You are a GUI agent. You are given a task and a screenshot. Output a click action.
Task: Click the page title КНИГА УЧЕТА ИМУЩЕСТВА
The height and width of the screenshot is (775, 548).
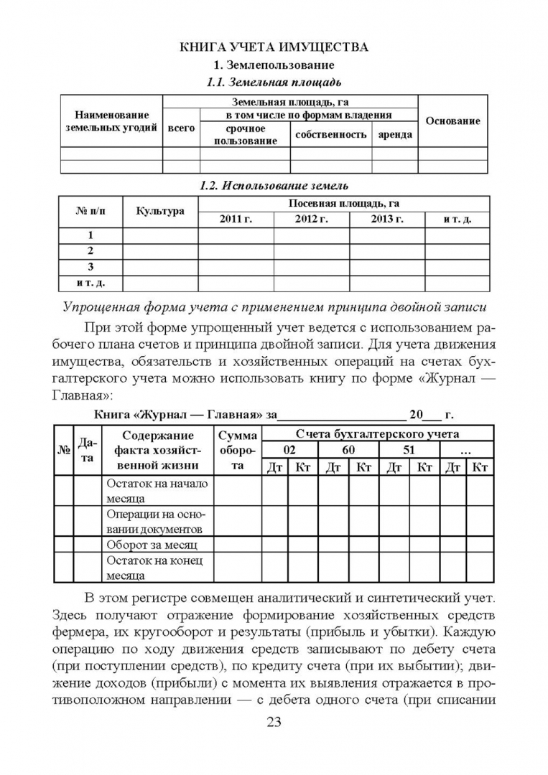tap(274, 47)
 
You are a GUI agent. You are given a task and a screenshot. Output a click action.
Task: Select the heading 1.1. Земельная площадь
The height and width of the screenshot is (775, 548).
tap(274, 82)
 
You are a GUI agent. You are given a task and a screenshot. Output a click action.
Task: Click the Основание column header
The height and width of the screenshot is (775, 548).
tap(452, 121)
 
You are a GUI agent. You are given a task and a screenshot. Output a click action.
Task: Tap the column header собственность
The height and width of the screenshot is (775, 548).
tap(330, 134)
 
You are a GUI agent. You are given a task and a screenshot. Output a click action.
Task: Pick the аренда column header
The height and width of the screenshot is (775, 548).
tap(394, 134)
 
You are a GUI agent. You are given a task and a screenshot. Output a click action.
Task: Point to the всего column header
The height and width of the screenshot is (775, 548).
tap(181, 128)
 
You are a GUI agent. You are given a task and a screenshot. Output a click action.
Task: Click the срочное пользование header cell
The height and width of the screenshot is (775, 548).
tap(245, 135)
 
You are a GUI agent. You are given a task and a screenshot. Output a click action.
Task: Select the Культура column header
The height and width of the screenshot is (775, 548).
tap(160, 211)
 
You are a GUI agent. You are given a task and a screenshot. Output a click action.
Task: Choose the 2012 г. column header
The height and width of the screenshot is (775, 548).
tap(311, 219)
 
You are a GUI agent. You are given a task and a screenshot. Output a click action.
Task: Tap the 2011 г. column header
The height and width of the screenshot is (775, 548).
tap(236, 219)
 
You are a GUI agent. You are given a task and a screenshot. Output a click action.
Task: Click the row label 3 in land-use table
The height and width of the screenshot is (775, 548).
tap(90, 267)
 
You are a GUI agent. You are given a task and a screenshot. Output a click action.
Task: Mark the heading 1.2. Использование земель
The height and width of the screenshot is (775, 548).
tap(274, 186)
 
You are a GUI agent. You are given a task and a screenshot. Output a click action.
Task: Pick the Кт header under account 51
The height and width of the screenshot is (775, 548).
tap(424, 467)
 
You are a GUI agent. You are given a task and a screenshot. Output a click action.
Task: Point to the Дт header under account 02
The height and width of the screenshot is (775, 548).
tap(274, 467)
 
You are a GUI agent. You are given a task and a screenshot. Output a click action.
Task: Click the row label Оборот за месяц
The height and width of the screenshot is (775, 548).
tap(147, 545)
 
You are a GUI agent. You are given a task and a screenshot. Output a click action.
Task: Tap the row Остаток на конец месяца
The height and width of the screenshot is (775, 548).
tap(156, 568)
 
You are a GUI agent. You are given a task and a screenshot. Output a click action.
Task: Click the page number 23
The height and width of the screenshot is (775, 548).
tap(274, 722)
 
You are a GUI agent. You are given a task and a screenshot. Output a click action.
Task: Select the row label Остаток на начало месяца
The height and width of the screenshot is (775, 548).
tap(157, 490)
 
